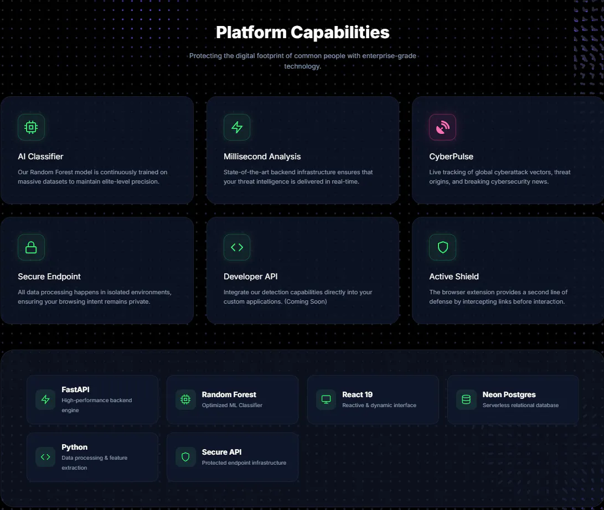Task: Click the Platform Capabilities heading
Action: [x=302, y=32]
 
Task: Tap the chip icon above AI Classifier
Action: [x=31, y=127]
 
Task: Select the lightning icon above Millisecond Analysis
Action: [x=237, y=127]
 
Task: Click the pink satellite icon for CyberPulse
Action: [x=442, y=127]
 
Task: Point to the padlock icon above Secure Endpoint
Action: [x=31, y=247]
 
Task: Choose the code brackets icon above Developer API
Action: [x=237, y=247]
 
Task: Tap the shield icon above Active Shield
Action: [x=442, y=247]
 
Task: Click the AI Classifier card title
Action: [x=40, y=157]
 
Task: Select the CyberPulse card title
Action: [x=451, y=157]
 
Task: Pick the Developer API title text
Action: [x=250, y=277]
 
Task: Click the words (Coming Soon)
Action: [x=306, y=301]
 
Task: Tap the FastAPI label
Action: [x=75, y=389]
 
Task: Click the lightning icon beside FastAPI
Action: [x=45, y=399]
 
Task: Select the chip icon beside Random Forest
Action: [x=185, y=399]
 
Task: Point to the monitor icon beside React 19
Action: [x=326, y=399]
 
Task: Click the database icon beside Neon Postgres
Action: [x=466, y=399]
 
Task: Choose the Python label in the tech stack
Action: [x=74, y=447]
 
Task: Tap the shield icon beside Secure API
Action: [x=185, y=457]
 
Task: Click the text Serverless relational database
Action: [x=520, y=405]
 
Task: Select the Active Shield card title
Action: [x=454, y=277]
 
